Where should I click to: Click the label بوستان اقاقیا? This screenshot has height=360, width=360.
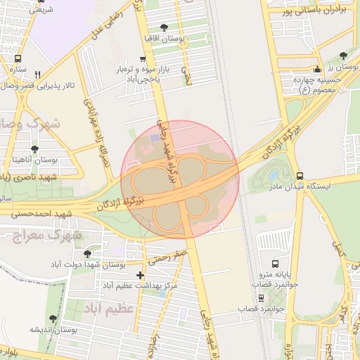point(164,39)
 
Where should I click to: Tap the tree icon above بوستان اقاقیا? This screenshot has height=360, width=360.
point(164,27)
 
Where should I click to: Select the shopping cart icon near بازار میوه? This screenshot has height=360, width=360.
point(143,59)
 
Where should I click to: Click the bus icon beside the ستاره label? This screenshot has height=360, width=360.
point(17,59)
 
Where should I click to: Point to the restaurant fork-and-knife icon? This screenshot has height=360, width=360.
point(37,74)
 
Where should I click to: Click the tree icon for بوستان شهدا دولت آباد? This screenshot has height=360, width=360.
point(87,254)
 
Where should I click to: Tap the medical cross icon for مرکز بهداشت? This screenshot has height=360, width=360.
point(141,275)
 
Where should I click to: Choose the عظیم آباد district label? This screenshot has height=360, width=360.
point(108,309)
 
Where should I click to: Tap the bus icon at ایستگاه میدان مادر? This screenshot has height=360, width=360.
point(300,176)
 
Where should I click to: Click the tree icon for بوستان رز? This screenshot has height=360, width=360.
point(342,56)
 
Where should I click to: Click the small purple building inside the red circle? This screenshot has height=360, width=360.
point(154,139)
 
